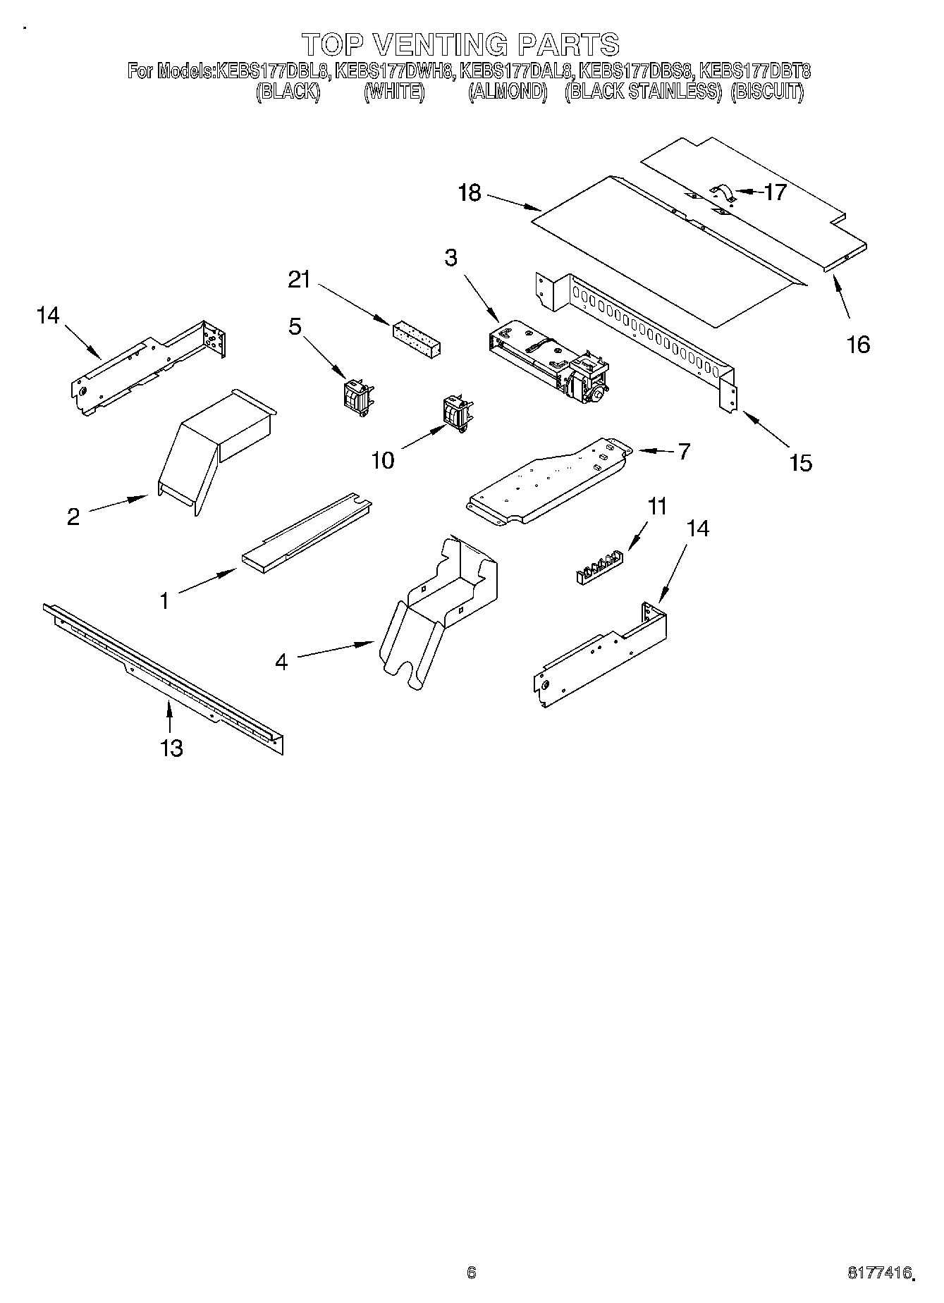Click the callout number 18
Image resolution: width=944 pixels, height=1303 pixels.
[470, 192]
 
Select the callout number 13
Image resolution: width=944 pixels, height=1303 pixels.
[171, 748]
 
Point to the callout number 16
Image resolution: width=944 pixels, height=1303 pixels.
[859, 344]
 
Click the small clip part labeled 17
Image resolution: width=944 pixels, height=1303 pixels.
[722, 193]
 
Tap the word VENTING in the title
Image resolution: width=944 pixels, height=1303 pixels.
[439, 44]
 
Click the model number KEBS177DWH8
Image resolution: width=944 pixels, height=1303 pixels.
[393, 71]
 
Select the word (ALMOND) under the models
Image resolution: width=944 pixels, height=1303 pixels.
[508, 92]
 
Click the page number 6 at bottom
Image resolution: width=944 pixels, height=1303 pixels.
[472, 1272]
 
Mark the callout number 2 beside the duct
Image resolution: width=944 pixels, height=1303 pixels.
[73, 517]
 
